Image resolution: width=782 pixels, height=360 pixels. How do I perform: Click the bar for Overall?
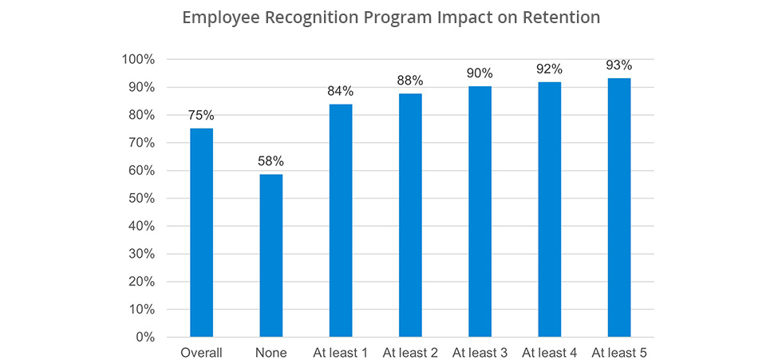click(201, 232)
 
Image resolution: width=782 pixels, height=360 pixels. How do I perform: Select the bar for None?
click(271, 255)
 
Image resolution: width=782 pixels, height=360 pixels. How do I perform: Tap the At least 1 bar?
click(341, 220)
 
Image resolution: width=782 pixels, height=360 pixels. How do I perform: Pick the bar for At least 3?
click(480, 212)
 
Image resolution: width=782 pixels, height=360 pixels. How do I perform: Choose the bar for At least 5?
click(619, 208)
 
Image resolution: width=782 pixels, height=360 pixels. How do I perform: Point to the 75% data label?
click(201, 115)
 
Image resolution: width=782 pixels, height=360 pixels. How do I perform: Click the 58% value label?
click(271, 161)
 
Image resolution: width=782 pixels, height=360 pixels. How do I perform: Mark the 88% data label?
click(410, 81)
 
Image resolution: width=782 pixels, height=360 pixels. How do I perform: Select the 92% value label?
click(550, 69)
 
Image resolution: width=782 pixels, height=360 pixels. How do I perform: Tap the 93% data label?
click(619, 65)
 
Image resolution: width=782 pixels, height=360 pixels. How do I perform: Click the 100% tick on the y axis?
click(138, 60)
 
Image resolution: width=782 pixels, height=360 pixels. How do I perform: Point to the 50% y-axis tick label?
click(141, 199)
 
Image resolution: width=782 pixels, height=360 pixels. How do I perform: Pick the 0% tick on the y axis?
click(144, 337)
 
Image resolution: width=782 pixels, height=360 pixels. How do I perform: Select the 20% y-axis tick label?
click(141, 282)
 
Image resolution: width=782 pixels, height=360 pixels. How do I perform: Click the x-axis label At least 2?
click(410, 352)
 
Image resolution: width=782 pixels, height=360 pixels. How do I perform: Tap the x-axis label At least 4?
click(550, 352)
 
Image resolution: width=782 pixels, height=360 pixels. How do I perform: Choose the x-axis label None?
click(271, 352)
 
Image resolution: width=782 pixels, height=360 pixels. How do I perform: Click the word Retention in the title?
click(559, 18)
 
